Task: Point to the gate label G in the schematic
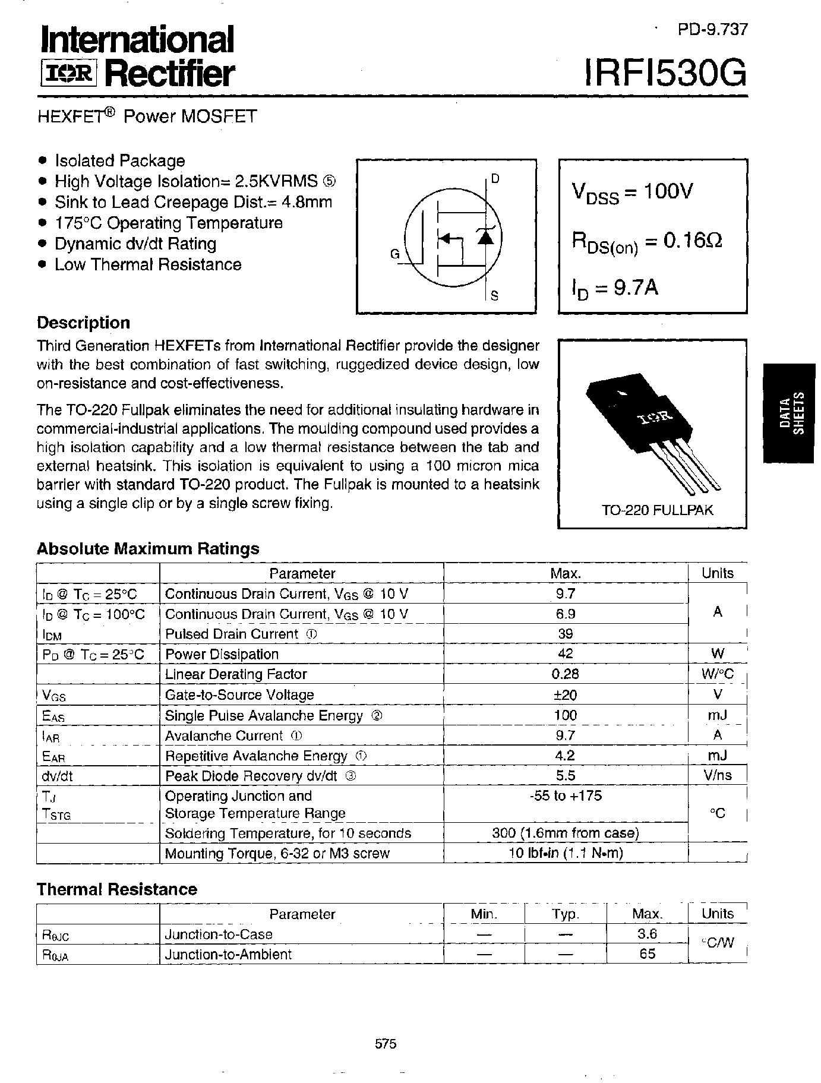pyautogui.click(x=394, y=254)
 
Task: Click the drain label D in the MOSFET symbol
pyautogui.click(x=495, y=178)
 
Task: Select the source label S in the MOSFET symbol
pyautogui.click(x=494, y=295)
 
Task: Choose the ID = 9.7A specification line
pyautogui.click(x=615, y=288)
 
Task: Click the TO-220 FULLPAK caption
pyautogui.click(x=657, y=510)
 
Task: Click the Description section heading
pyautogui.click(x=83, y=323)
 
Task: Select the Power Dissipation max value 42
pyautogui.click(x=565, y=653)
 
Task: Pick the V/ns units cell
pyautogui.click(x=717, y=775)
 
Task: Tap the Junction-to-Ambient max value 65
pyautogui.click(x=647, y=953)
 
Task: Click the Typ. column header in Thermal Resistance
pyautogui.click(x=565, y=914)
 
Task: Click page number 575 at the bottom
pyautogui.click(x=386, y=1044)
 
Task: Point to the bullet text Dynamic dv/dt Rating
pyautogui.click(x=135, y=244)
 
